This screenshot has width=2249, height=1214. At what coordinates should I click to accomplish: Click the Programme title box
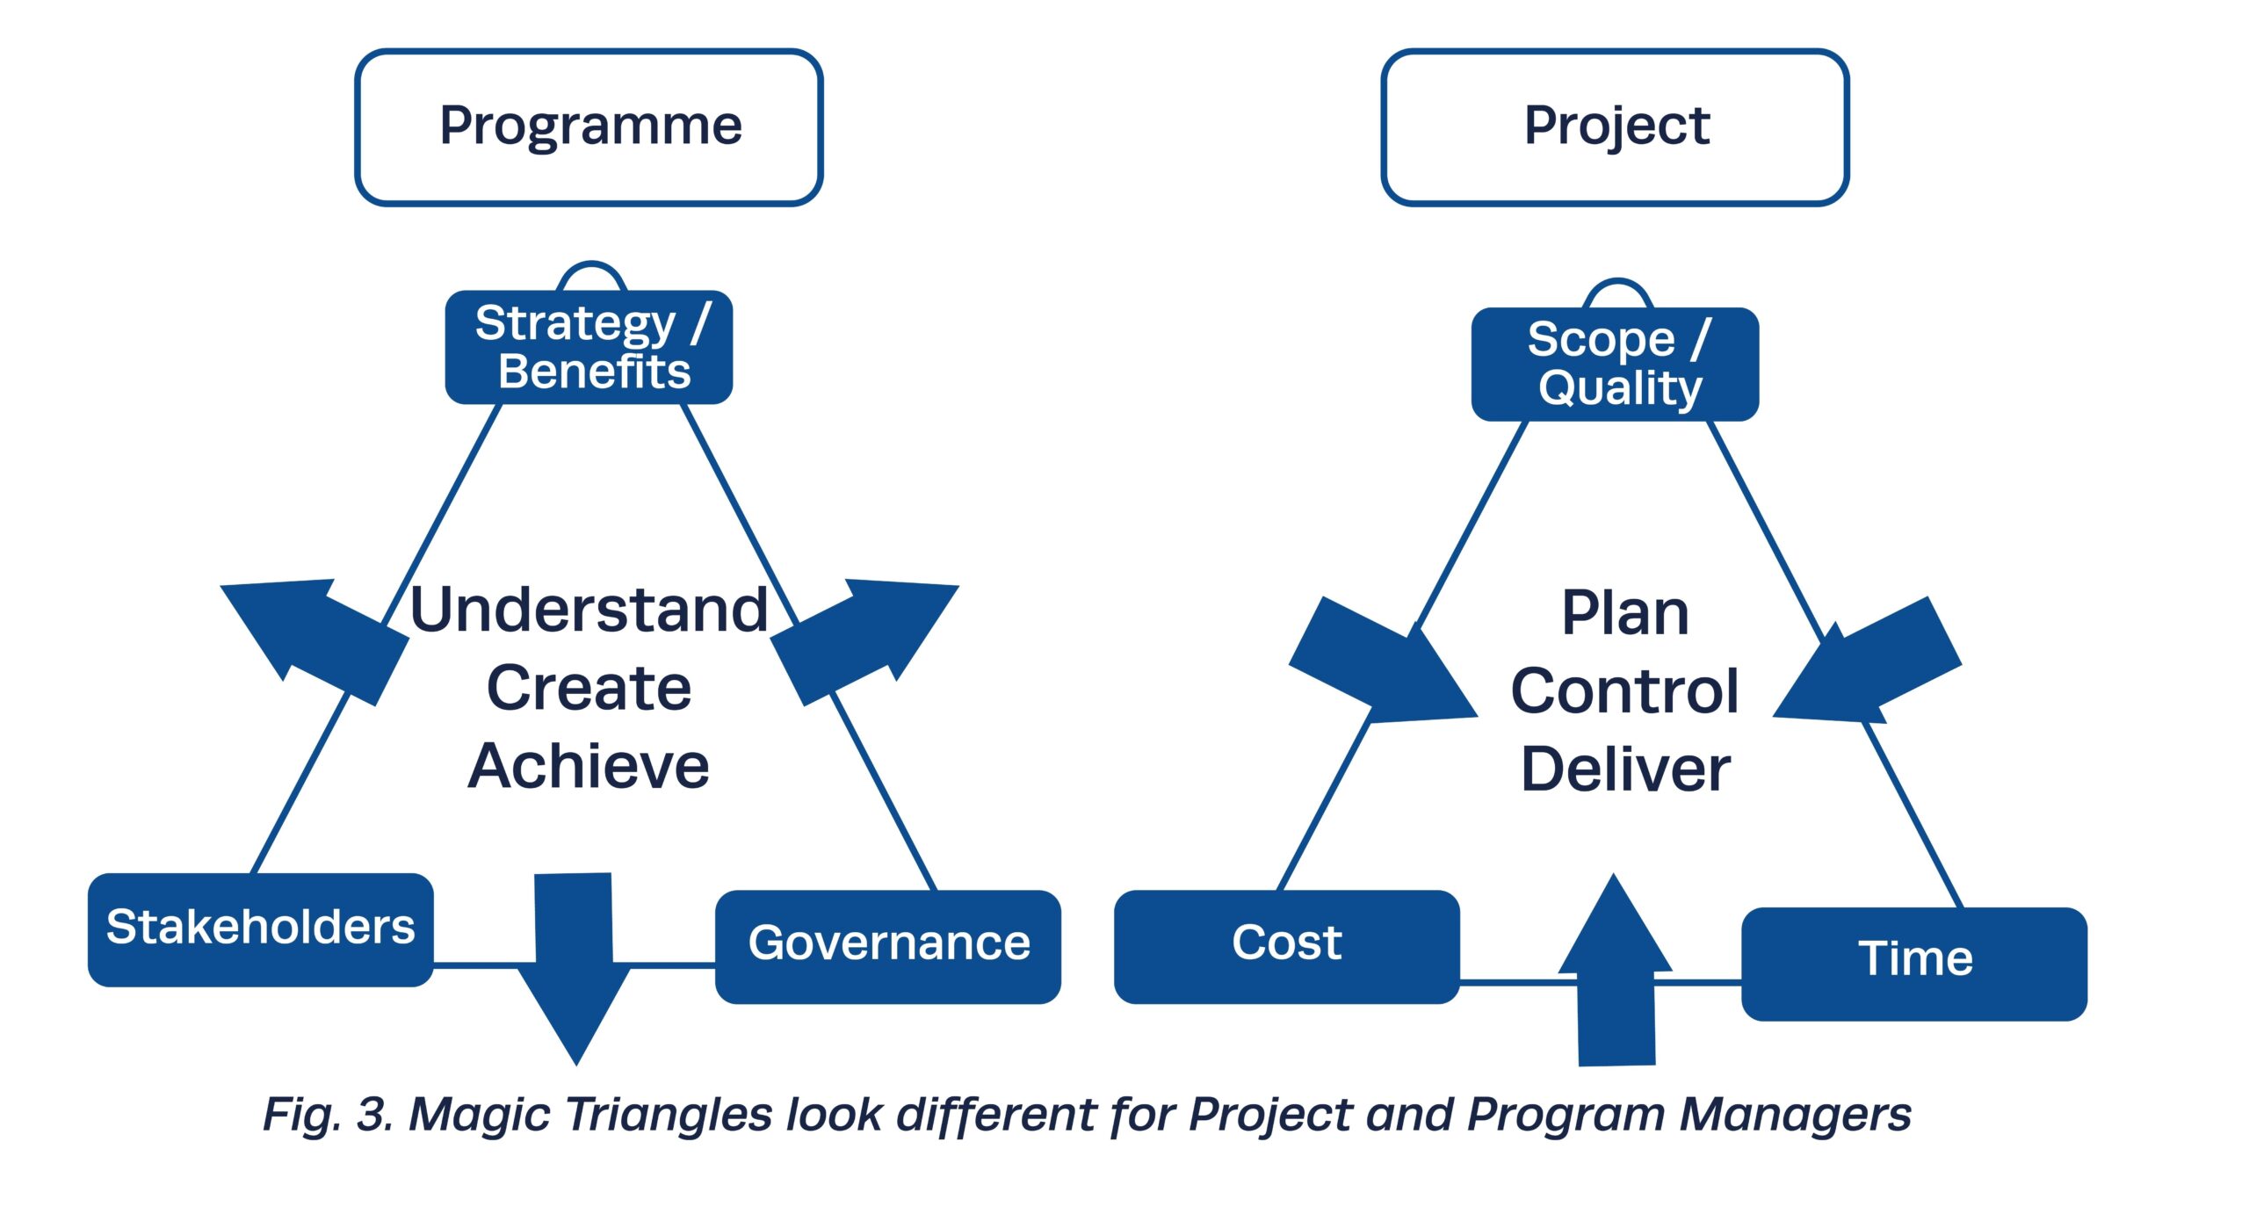[x=589, y=126]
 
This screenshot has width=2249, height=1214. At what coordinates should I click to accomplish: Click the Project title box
[x=1615, y=126]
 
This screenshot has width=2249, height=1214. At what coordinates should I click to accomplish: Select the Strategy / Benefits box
[x=589, y=347]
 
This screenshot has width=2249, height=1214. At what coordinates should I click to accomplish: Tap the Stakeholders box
[x=260, y=929]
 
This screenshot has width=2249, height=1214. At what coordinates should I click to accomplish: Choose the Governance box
[x=887, y=945]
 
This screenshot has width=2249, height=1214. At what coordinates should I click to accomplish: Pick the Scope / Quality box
[x=1615, y=364]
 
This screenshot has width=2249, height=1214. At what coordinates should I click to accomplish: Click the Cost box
[x=1286, y=945]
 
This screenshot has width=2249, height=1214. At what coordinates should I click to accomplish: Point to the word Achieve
[x=589, y=766]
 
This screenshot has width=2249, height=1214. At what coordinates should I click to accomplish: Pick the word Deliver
[x=1624, y=770]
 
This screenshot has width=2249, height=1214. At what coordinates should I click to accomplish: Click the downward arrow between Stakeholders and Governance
[x=575, y=966]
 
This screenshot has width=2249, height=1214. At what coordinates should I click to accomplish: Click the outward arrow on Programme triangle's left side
[x=316, y=637]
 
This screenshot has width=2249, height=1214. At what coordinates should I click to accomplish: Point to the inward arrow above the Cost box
[x=1379, y=663]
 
